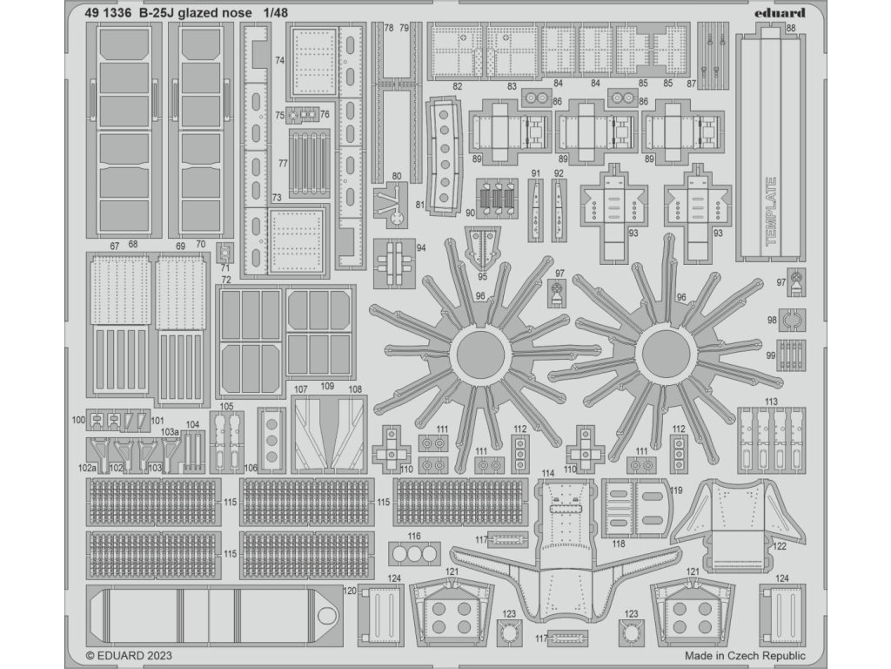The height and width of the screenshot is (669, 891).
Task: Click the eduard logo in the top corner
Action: pos(781,13)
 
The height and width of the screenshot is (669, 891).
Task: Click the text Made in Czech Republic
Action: pos(745,656)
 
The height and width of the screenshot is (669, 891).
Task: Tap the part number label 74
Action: pos(279,61)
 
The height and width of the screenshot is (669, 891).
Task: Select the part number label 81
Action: pos(420,206)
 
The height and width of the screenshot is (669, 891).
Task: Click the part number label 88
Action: pos(790,29)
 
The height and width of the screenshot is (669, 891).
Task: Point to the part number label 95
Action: pos(481,276)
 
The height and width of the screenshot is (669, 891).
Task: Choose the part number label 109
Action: pos(327,388)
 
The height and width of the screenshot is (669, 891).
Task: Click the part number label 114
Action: pos(547,473)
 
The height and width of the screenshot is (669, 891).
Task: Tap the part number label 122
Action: pos(780,546)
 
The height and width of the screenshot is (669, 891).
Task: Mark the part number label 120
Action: pos(350,591)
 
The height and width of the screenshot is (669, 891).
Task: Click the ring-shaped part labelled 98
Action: pos(790,321)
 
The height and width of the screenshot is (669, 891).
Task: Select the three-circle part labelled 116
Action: pos(413,553)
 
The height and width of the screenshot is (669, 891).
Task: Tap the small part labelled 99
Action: pos(790,355)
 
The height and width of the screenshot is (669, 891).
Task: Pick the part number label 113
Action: pos(771,402)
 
